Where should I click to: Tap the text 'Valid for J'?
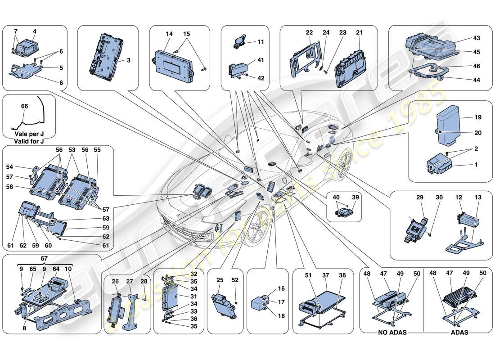tap(29, 141)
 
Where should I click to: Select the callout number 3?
tap(129, 60)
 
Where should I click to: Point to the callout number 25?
tap(220, 280)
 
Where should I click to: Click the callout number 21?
tap(359, 33)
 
